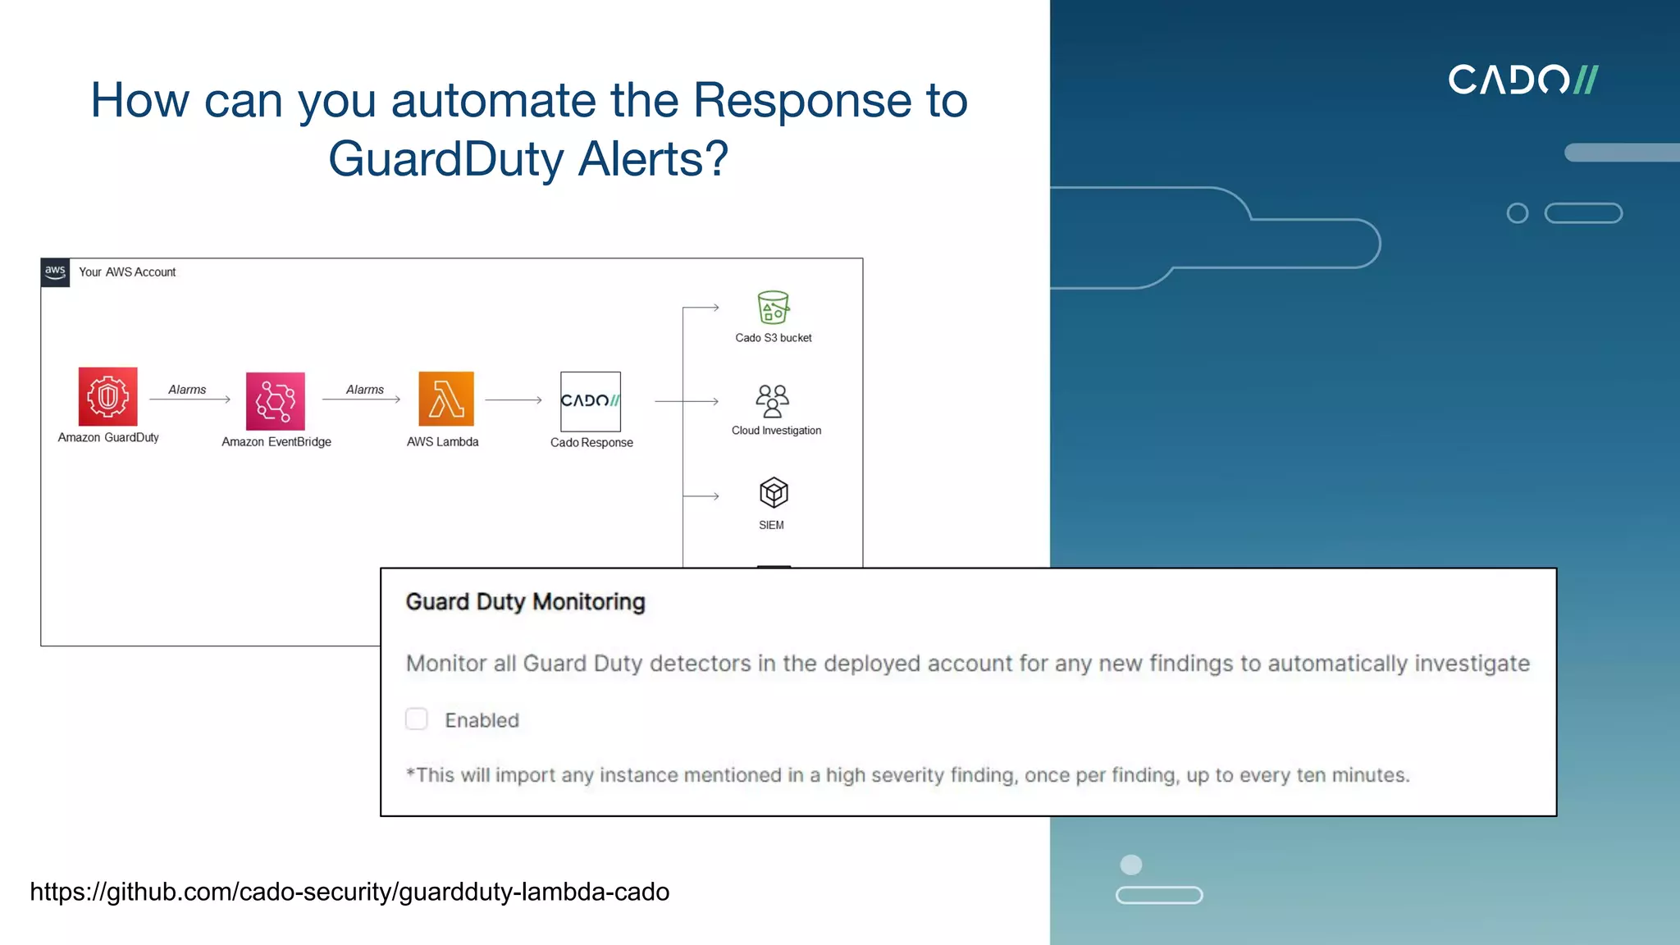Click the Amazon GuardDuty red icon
[x=107, y=396]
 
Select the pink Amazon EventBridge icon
[x=276, y=400]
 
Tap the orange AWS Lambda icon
[x=446, y=399]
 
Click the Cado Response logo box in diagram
[x=591, y=401]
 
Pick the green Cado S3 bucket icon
[x=773, y=308]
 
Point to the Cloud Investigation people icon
[x=772, y=400]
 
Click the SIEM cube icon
[x=773, y=492]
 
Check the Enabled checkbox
[x=417, y=719]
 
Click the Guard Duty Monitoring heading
[x=525, y=602]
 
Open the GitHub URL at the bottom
[x=349, y=892]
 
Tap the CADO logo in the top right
[x=1522, y=80]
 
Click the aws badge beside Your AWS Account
[x=55, y=272]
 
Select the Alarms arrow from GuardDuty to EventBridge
[x=189, y=399]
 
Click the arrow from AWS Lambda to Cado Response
[x=514, y=400]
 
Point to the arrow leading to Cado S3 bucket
[x=701, y=308]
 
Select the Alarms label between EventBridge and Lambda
[x=364, y=390]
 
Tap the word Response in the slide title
[x=801, y=100]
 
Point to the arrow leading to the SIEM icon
[x=701, y=496]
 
